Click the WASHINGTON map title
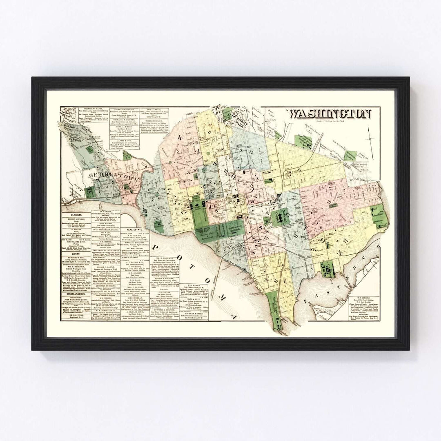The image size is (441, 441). [330, 114]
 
